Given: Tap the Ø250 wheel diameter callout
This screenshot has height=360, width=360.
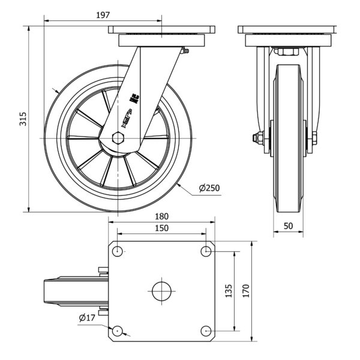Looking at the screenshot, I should pos(209,188).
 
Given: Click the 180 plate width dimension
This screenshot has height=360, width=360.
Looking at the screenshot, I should pos(161,217).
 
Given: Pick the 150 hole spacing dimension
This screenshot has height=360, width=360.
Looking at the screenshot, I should pos(161,228).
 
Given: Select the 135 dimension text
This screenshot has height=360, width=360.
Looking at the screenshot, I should pos(228,291).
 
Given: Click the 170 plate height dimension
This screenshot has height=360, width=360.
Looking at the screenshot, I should pos(245,291).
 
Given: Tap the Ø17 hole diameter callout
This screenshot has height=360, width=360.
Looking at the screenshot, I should pos(88,317).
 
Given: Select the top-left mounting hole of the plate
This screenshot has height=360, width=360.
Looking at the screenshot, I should pos(118,251).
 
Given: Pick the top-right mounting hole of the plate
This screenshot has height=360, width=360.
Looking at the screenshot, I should pos(206,251).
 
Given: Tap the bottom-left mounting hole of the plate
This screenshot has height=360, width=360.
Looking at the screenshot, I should pos(118,331).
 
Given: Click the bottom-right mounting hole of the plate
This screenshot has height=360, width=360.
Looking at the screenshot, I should pos(206,331).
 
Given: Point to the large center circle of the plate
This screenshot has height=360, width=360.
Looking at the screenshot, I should pos(161,291).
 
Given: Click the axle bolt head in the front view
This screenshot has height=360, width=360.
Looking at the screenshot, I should pos(258,139).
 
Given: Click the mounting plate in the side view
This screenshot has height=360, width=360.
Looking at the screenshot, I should pos(162,30).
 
